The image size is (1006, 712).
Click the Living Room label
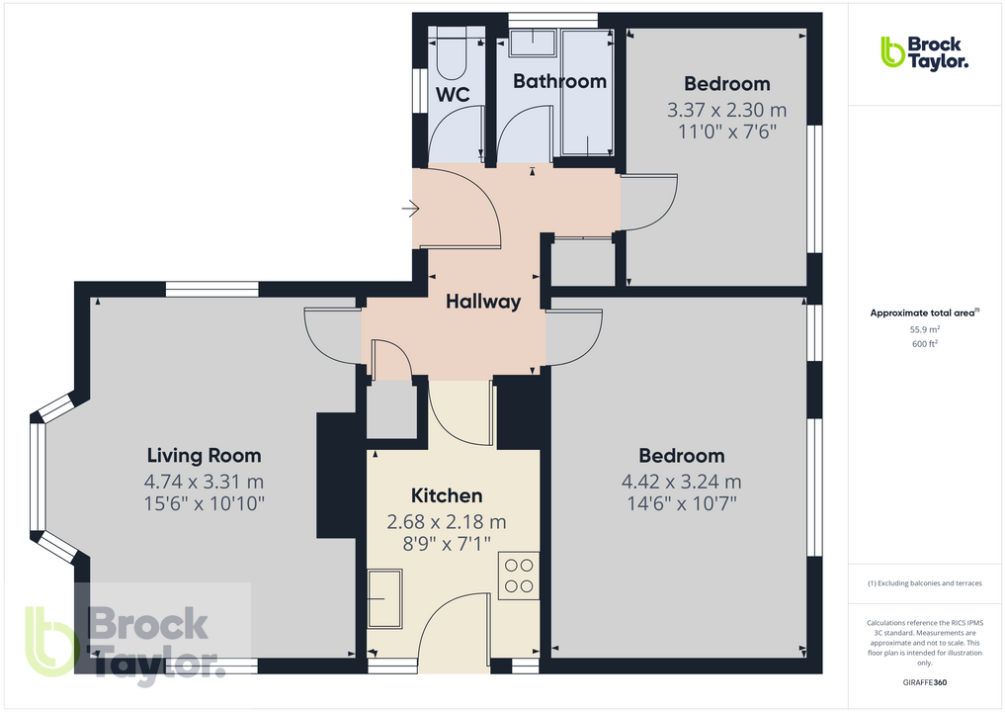click(x=204, y=456)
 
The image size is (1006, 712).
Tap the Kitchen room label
click(x=447, y=495)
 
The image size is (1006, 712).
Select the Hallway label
click(x=482, y=302)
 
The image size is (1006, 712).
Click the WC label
click(x=453, y=95)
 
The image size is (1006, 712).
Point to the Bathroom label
click(x=559, y=81)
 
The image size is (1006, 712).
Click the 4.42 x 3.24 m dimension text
click(x=681, y=483)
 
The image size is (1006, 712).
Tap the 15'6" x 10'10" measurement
click(x=204, y=504)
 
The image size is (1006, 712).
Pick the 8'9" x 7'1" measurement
click(x=447, y=543)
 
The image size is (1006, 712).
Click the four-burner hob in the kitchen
click(x=519, y=576)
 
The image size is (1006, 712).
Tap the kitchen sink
click(x=384, y=597)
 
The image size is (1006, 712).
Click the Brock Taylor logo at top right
click(x=924, y=51)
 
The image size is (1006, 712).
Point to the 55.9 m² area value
click(x=924, y=329)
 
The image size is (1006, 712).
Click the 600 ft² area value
click(x=924, y=344)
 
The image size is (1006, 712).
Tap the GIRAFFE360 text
click(x=924, y=682)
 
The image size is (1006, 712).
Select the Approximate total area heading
click(x=924, y=312)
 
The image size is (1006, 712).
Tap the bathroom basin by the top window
click(x=535, y=43)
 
